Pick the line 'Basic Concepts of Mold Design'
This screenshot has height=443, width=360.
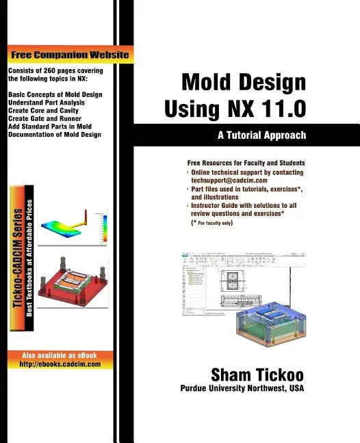[x=55, y=94]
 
